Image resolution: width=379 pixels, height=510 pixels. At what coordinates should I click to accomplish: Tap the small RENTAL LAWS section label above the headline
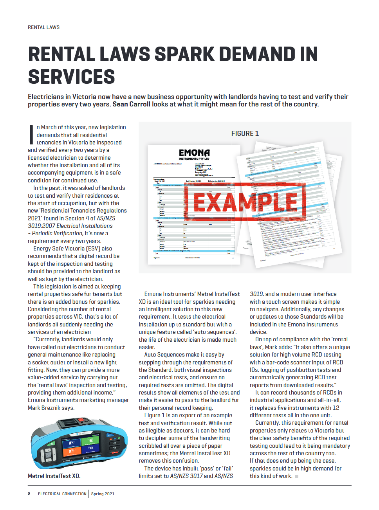(x=43, y=27)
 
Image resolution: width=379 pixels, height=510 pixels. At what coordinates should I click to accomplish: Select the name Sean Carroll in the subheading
(x=131, y=104)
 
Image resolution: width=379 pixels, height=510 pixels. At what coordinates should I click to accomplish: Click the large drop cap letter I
(x=31, y=135)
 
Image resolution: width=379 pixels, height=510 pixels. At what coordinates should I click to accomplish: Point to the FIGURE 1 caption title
(x=245, y=133)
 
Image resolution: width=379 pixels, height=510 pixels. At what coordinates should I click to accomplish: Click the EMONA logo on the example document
(x=194, y=153)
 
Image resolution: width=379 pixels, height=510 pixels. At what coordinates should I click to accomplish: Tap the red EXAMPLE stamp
(x=245, y=202)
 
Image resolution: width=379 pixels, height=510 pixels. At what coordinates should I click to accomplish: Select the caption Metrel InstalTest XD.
(x=54, y=476)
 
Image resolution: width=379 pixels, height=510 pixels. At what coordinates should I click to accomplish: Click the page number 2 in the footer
(x=29, y=494)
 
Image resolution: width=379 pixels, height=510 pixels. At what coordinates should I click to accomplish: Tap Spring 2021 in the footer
(x=103, y=494)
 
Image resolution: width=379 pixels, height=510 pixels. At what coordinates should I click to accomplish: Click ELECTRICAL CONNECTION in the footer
(x=62, y=494)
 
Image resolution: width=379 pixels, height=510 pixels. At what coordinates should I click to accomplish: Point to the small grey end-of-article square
(x=297, y=476)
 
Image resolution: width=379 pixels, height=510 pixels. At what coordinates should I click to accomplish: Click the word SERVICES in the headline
(x=72, y=77)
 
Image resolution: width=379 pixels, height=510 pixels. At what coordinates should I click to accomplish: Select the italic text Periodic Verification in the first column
(x=57, y=233)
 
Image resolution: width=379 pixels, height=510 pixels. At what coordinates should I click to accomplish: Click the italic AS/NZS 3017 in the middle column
(x=186, y=476)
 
